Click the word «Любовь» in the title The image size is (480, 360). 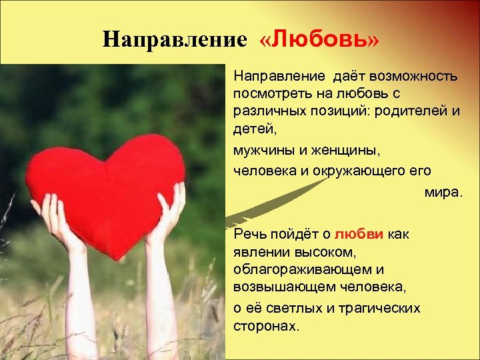(x=319, y=39)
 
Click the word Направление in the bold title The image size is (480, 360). (x=175, y=39)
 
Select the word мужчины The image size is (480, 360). (x=259, y=150)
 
